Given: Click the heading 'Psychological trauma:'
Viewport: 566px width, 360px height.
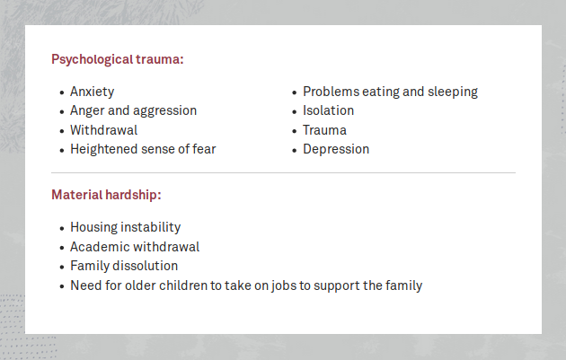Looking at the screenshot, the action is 118,59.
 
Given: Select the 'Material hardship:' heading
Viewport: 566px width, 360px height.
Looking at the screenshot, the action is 106,195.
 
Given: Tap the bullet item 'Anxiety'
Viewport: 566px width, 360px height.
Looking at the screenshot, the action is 92,92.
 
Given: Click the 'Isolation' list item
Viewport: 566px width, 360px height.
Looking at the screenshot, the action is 329,110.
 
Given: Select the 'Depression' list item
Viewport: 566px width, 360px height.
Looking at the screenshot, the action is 336,149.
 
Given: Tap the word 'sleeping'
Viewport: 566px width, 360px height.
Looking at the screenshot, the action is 453,92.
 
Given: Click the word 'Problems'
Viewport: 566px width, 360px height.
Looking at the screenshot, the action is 331,92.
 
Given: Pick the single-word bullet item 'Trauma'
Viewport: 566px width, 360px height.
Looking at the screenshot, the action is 324,130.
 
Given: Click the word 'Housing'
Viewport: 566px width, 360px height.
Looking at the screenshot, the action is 93,227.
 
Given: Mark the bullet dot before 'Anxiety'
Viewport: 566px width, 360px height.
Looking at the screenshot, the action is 62,92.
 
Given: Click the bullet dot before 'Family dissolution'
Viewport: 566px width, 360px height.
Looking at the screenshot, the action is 62,267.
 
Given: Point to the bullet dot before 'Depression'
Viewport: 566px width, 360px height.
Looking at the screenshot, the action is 294,150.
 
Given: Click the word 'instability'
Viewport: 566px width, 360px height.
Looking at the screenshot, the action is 151,227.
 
